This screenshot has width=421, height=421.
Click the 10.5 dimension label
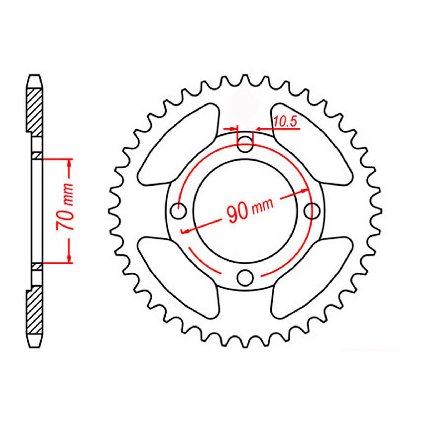(x=285, y=122)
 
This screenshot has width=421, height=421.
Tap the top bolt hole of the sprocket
(x=245, y=144)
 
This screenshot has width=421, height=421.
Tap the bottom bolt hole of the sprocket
(x=245, y=277)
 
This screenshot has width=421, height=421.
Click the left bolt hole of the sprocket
(x=179, y=210)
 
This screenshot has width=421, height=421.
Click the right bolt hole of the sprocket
(x=312, y=210)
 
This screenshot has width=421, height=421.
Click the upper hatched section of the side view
(x=35, y=112)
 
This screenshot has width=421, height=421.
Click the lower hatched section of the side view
(x=35, y=310)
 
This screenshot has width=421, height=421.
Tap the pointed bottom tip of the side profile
(x=35, y=347)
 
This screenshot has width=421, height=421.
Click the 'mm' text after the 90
(x=262, y=206)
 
